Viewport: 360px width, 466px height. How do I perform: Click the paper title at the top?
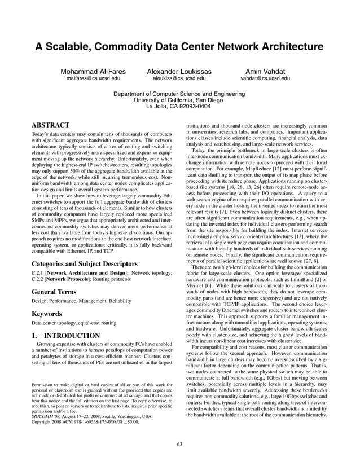[180, 46]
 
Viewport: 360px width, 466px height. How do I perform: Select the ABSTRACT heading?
[50, 124]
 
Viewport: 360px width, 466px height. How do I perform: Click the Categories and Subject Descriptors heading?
[85, 263]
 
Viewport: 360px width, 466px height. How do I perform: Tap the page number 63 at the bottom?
[179, 444]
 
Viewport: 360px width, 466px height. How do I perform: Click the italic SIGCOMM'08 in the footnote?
[45, 417]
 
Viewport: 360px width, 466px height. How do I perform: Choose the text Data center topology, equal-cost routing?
[74, 323]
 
